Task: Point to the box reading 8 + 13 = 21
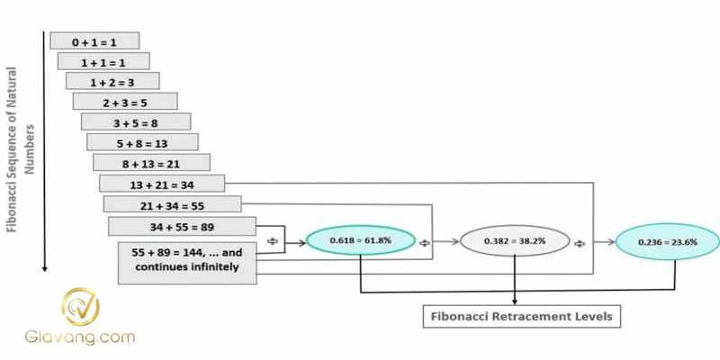pyautogui.click(x=151, y=163)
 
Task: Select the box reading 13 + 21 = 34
pyautogui.click(x=158, y=184)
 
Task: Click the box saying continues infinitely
pyautogui.click(x=188, y=258)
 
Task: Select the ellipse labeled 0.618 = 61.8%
pyautogui.click(x=360, y=241)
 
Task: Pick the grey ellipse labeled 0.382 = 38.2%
pyautogui.click(x=515, y=241)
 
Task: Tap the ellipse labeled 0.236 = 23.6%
pyautogui.click(x=667, y=241)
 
